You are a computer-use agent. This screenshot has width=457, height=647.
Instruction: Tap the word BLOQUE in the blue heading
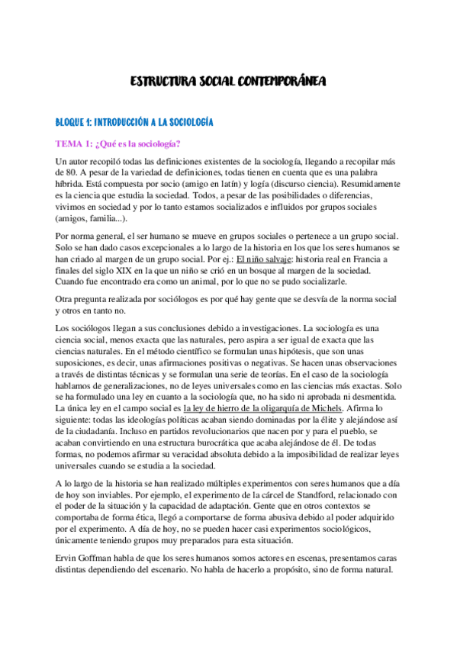71,122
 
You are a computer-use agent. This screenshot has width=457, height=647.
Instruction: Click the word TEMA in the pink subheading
69,143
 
